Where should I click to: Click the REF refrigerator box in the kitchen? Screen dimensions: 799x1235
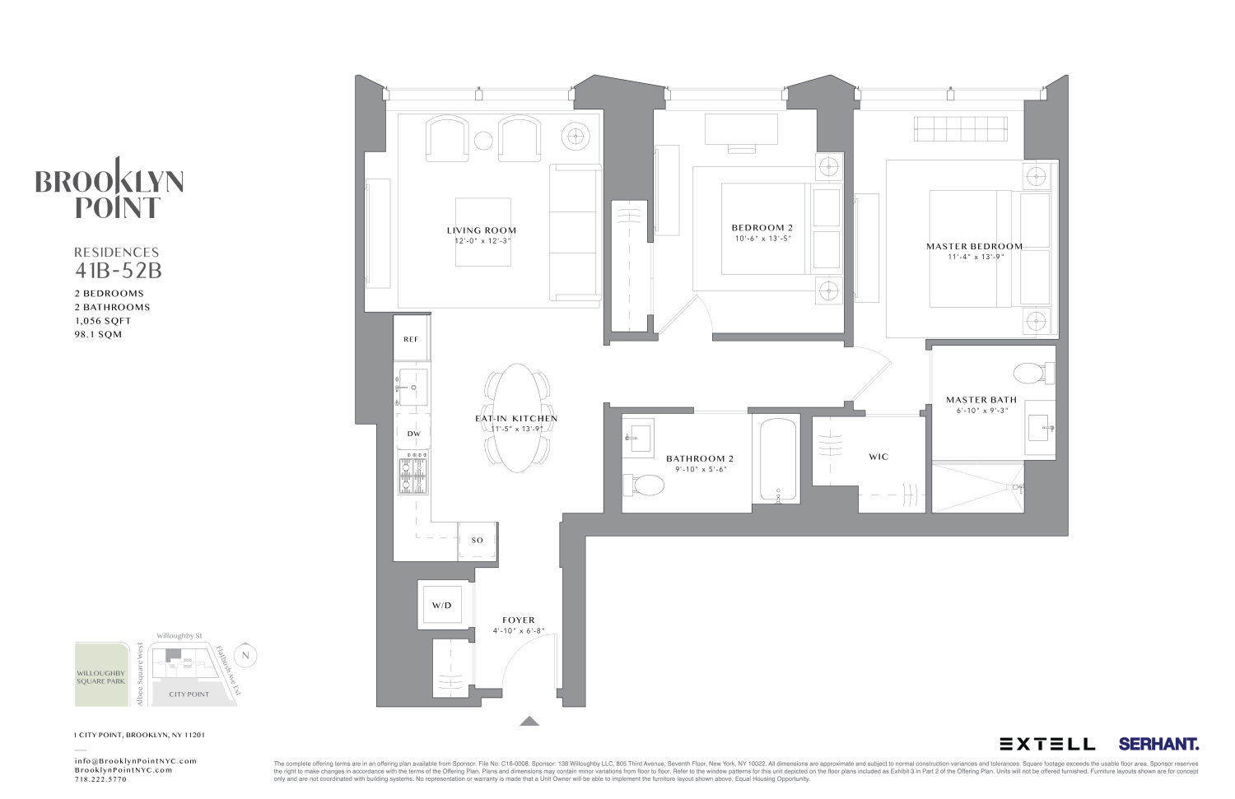point(411,339)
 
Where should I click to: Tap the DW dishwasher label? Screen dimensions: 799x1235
point(413,434)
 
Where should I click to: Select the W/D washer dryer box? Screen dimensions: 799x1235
point(442,606)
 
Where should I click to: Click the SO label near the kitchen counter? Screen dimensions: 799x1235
point(478,541)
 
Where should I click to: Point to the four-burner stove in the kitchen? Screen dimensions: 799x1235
point(413,476)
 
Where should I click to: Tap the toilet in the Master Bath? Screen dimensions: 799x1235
point(1032,374)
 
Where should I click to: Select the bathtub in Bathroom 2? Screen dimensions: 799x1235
point(777,461)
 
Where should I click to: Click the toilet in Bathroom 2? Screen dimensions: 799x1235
point(645,485)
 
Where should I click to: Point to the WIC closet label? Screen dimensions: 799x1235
point(878,457)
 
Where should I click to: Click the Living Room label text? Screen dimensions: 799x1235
point(482,230)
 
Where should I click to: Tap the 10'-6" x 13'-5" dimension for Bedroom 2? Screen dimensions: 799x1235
point(762,239)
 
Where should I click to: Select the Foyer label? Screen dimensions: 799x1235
point(519,620)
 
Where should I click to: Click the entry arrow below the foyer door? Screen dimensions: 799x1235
point(529,722)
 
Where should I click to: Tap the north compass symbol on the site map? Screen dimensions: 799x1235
point(245,656)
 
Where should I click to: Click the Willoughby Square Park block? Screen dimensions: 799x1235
point(101,676)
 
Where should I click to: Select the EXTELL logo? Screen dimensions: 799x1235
point(1047,744)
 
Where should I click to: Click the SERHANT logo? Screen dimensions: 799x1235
point(1158,744)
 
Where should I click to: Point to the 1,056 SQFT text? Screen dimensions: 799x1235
point(103,321)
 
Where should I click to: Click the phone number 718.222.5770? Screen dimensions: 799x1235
point(100,779)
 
